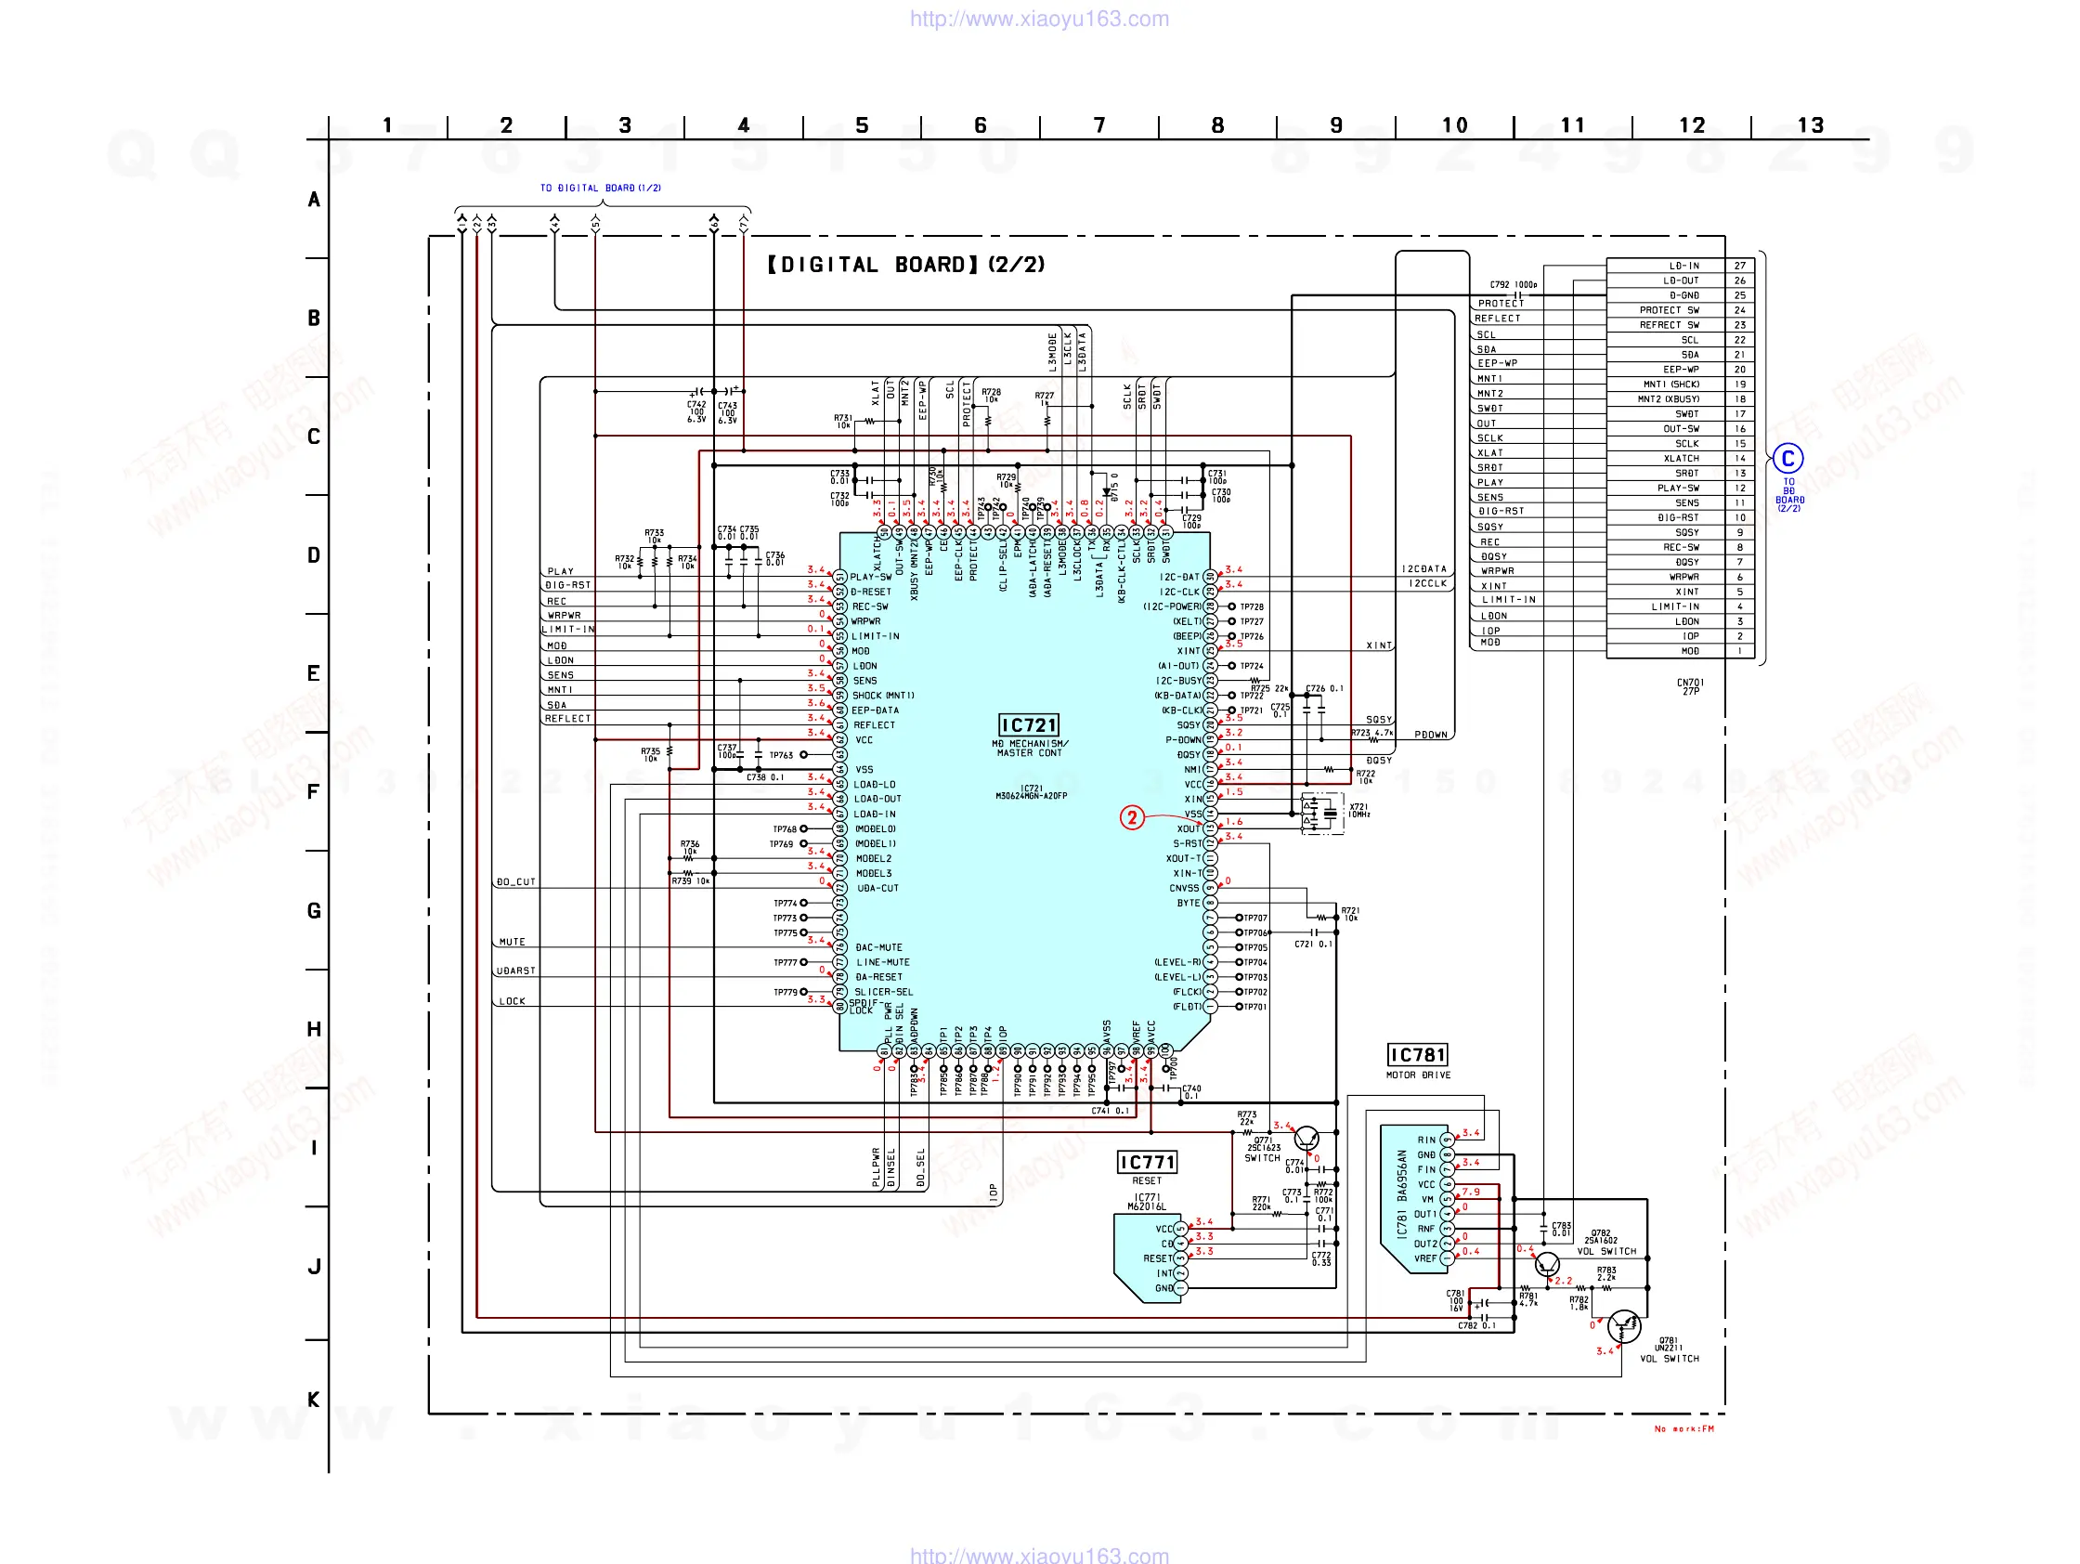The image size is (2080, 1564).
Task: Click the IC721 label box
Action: tap(1028, 724)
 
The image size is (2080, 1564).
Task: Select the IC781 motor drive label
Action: tap(1417, 1054)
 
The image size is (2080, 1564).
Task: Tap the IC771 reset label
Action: tap(1146, 1163)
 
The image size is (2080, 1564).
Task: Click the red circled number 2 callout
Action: tap(1131, 817)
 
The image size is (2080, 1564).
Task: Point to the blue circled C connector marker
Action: tap(1787, 459)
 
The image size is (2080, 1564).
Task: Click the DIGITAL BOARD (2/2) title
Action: tap(905, 265)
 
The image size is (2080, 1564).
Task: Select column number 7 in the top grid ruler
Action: tap(1099, 125)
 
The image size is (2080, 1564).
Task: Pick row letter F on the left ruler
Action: tap(314, 792)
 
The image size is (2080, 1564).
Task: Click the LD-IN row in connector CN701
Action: tap(1684, 267)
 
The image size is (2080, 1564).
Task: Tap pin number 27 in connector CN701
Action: tap(1739, 267)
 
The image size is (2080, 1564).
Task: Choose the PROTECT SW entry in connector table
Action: tap(1669, 310)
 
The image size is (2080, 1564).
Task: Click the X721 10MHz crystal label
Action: tap(1359, 810)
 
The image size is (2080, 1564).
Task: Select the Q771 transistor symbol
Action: tap(1306, 1140)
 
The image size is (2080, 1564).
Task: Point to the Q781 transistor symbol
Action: tap(1624, 1326)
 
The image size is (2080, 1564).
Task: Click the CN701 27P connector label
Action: tap(1690, 686)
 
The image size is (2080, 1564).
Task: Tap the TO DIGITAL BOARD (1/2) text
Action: tap(600, 189)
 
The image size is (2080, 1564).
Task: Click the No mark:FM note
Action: tap(1684, 1428)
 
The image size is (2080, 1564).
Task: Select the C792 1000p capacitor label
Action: tap(1513, 284)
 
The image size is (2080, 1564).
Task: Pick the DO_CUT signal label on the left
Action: tap(515, 882)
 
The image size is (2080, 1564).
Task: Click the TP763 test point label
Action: tap(782, 754)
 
